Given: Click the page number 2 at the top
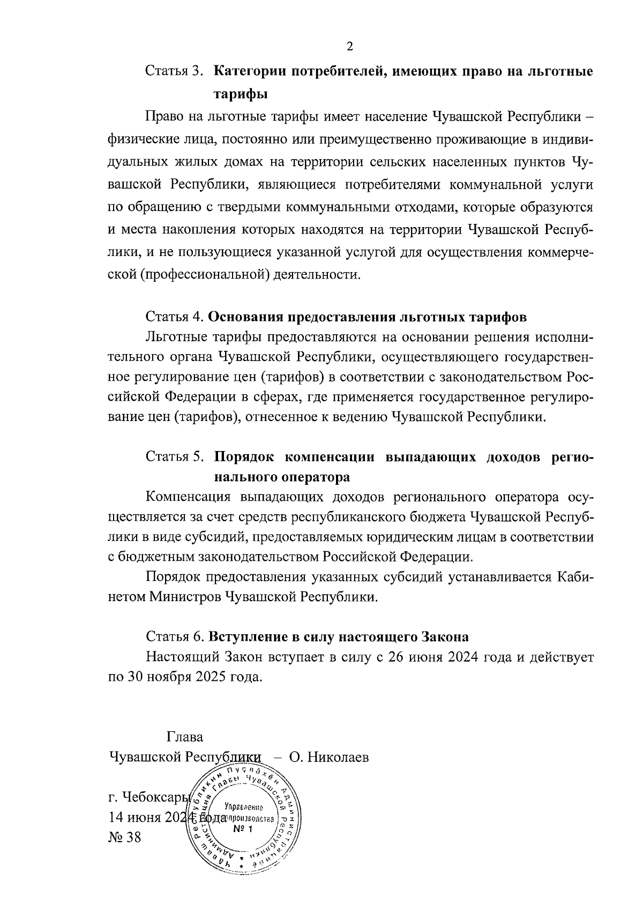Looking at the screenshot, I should click(349, 46).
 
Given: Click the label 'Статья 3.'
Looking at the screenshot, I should click(175, 71).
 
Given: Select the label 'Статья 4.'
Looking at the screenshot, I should click(175, 317).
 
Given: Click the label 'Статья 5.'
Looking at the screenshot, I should click(175, 456).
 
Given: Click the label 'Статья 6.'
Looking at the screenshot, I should click(175, 637).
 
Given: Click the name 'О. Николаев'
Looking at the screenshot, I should click(328, 758).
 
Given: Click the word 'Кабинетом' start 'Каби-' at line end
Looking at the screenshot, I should click(575, 577).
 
